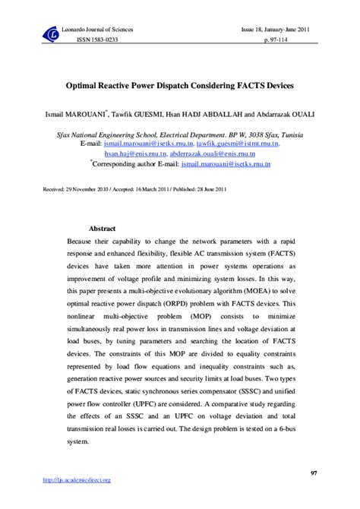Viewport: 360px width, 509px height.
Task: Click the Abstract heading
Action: [x=102, y=228]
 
